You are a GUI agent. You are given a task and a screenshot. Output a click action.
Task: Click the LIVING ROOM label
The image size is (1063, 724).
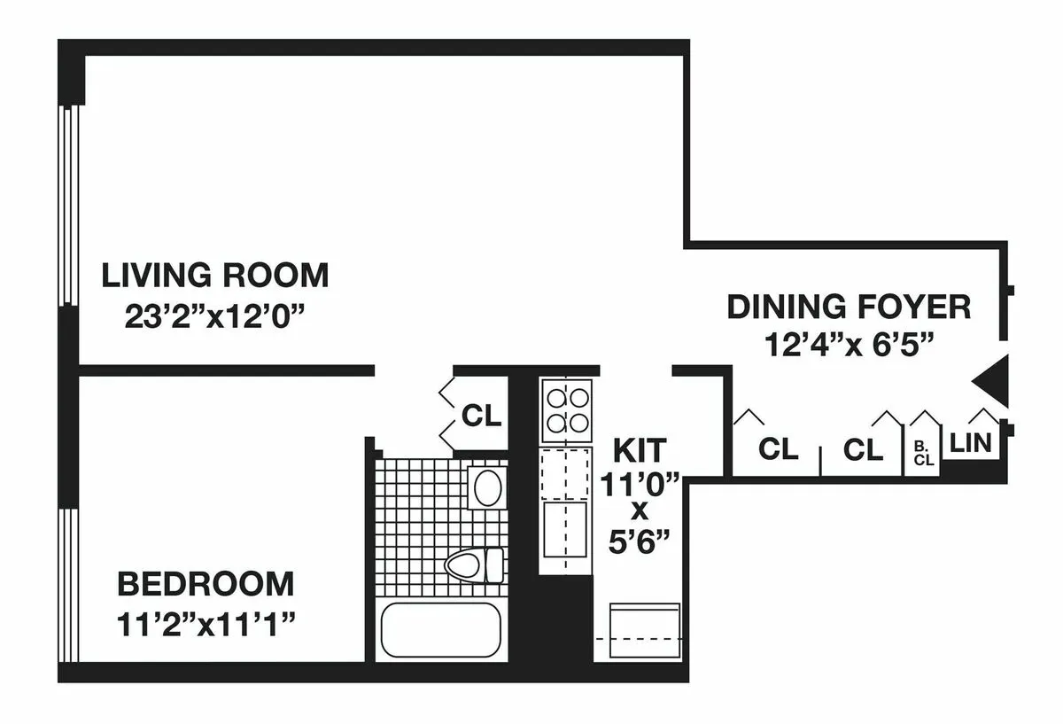[x=214, y=276]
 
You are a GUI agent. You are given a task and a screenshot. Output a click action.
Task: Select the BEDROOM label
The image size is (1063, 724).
[x=206, y=585]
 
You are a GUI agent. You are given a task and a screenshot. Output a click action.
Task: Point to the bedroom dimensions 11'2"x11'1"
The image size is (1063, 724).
[x=206, y=626]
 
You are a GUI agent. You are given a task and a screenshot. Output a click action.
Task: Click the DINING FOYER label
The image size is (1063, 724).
[x=848, y=307]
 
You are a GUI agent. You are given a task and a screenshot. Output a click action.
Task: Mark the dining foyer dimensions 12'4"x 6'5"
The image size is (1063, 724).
[x=848, y=345]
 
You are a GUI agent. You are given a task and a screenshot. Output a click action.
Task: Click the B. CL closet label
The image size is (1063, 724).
[x=922, y=454]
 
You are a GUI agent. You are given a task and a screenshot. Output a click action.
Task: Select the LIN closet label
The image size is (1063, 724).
[x=970, y=443]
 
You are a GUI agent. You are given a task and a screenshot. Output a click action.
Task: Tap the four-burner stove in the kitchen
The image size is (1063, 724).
[x=566, y=409]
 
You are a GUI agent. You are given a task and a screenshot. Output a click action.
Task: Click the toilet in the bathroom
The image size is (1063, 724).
[x=474, y=564]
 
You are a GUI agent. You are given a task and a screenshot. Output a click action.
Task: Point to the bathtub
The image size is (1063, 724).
[x=440, y=629]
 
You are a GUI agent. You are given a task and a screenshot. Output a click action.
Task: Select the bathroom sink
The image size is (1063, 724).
[x=485, y=487]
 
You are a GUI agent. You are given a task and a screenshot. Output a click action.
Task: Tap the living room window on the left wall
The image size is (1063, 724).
[x=67, y=206]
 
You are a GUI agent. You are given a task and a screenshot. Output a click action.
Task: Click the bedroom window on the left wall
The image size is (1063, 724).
[x=67, y=586]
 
